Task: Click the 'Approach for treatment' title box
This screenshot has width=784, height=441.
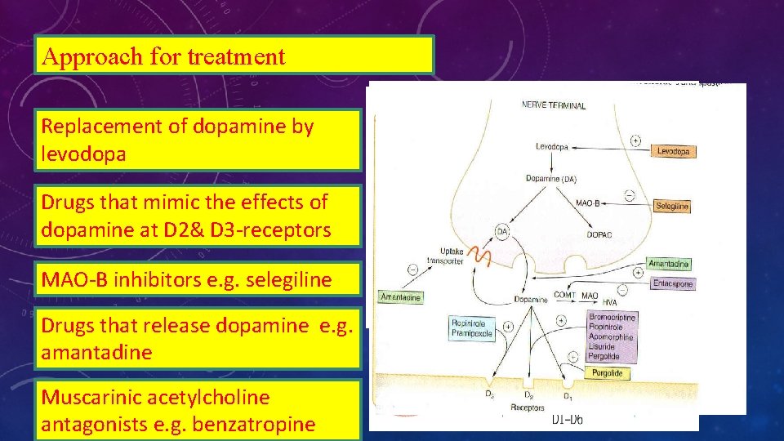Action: pos(234,56)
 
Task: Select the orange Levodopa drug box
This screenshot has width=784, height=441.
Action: pos(674,151)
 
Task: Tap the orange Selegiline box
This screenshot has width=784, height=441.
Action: pos(672,206)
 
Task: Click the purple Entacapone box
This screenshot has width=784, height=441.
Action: pos(673,283)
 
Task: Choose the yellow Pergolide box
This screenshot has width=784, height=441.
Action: pos(608,372)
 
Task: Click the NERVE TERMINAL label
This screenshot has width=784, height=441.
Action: pos(553,105)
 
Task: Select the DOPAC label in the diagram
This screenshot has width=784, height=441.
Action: pos(600,234)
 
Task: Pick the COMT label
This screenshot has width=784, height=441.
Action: pos(565,296)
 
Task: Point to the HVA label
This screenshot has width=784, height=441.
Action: pos(608,303)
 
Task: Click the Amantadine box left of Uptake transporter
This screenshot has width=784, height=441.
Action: pos(401,297)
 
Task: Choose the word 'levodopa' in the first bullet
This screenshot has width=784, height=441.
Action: pos(84,154)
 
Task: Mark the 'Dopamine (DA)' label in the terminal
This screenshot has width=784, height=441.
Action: pos(554,179)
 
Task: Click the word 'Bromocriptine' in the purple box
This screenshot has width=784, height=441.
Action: pos(612,317)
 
